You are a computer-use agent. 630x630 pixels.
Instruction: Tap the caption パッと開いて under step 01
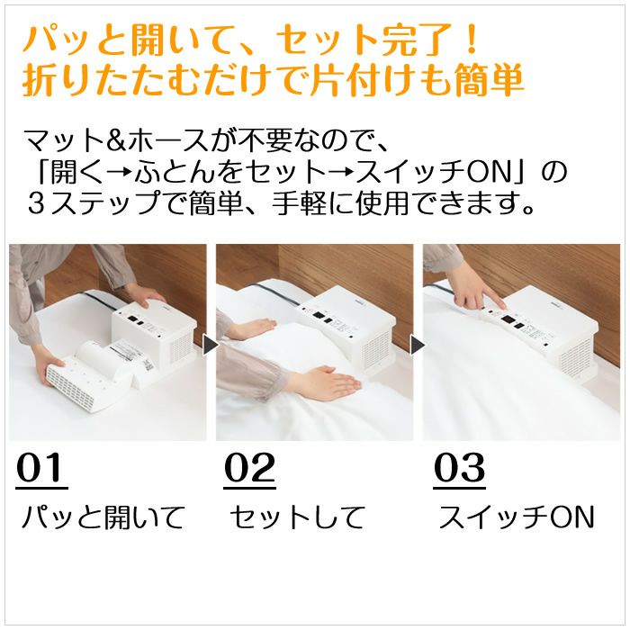(103, 517)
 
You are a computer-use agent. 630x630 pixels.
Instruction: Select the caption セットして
(296, 517)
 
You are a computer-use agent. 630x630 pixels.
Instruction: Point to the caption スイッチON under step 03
(517, 517)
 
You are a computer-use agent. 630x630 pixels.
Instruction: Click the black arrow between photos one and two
(211, 346)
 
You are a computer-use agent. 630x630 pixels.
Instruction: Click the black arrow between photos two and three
(418, 346)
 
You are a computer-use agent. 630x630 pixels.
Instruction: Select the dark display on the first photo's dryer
(133, 319)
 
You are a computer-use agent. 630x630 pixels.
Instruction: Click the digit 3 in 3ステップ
(37, 203)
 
